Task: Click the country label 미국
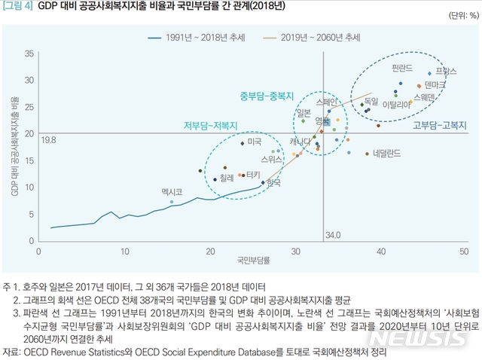coord(255,141)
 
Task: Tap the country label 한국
coord(274,182)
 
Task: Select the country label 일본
coord(304,112)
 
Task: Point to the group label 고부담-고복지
coord(440,125)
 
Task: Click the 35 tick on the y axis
coord(29,54)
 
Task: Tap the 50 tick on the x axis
coord(465,250)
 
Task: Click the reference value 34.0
coord(332,235)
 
